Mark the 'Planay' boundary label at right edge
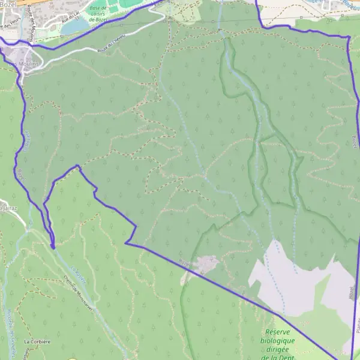358,324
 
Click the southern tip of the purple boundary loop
53,246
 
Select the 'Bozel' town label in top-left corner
7,4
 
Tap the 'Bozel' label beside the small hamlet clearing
186,263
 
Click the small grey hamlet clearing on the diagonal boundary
206,263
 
